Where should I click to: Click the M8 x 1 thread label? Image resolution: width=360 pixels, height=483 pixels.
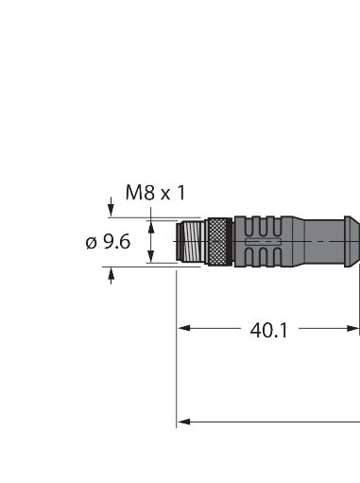156,194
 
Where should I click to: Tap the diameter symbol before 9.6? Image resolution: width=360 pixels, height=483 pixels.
92,242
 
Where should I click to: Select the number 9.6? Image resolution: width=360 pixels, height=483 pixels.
116,242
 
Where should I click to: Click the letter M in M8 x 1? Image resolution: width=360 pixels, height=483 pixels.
134,194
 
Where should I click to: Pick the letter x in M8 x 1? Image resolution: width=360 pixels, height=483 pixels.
164,195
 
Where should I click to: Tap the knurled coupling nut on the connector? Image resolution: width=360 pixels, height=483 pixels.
221,241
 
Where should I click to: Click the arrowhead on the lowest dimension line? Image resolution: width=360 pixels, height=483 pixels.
184,420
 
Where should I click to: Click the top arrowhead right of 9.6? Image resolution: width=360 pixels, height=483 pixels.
150,225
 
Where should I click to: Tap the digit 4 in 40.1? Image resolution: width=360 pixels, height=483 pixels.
256,330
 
